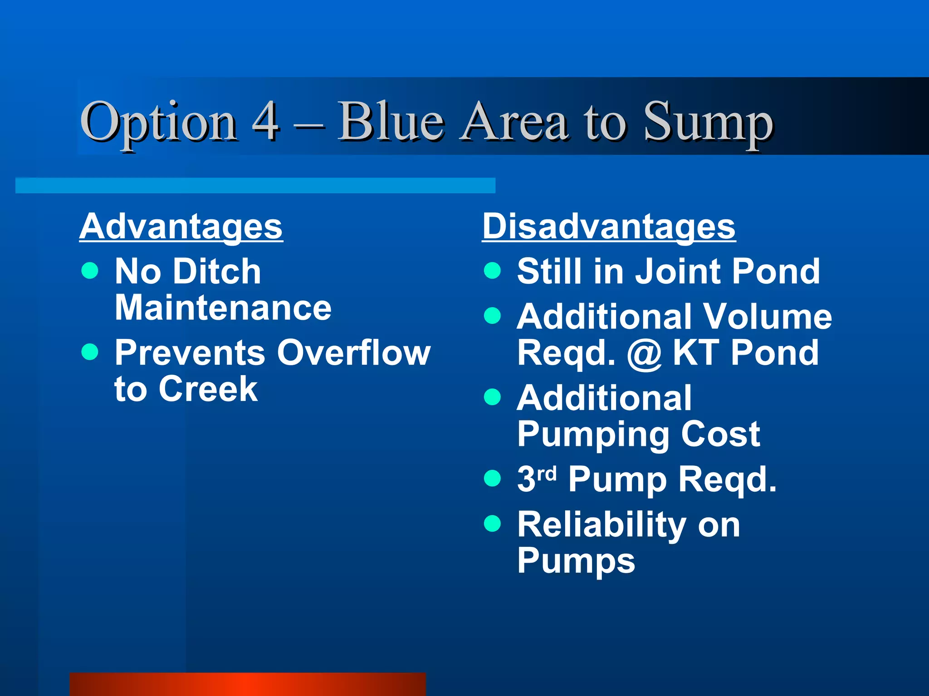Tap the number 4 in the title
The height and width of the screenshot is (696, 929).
(x=265, y=121)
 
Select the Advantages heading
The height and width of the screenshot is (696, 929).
(x=181, y=227)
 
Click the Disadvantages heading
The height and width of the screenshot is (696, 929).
(x=608, y=227)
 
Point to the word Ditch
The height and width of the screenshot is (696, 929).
(x=217, y=271)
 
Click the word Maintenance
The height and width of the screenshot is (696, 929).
(x=223, y=308)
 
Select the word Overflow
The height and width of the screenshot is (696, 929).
(x=354, y=353)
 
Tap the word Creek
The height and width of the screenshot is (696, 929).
(x=208, y=389)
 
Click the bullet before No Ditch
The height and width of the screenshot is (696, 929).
(x=90, y=271)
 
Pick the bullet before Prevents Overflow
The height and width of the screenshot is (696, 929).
(x=90, y=352)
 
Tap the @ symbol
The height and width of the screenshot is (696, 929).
(x=644, y=354)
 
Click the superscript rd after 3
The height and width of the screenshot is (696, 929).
(x=546, y=474)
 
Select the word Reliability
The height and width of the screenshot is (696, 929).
(x=601, y=525)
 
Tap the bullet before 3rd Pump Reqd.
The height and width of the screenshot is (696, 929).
(x=492, y=478)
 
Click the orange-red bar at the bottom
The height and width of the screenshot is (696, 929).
(x=247, y=684)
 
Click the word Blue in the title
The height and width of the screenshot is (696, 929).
(x=391, y=121)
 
